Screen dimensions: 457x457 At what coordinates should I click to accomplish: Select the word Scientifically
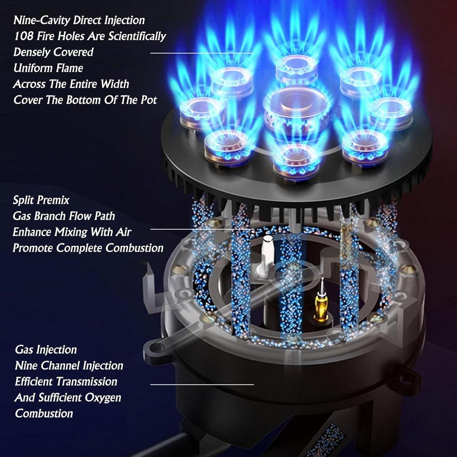click(137, 37)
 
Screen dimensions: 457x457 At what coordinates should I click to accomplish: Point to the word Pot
click(149, 100)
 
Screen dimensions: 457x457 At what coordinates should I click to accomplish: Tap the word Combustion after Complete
click(134, 248)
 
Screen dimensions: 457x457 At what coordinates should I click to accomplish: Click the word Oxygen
click(104, 398)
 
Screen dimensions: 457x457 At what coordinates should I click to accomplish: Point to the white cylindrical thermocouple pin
click(267, 255)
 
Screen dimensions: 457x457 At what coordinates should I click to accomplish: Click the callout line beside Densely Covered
click(202, 53)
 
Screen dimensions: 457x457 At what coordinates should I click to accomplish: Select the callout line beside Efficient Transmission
click(202, 384)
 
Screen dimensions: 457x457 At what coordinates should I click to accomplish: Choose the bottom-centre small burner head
click(296, 161)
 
